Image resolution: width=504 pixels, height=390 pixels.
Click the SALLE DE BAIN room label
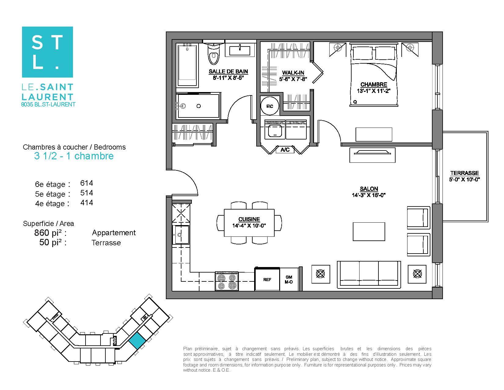(x=228, y=72)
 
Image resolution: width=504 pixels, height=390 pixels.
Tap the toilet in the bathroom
(x=214, y=54)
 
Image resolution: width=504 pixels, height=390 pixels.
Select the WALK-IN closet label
(x=293, y=73)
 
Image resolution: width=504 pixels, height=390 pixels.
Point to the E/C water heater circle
(x=269, y=106)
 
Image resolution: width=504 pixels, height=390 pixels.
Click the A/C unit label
(x=285, y=150)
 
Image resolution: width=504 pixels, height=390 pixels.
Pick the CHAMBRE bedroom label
(x=374, y=84)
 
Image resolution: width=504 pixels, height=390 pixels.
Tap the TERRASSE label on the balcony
(x=465, y=173)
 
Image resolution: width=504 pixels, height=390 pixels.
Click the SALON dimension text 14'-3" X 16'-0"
(x=369, y=195)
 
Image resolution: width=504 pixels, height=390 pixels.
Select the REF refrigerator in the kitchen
(x=267, y=279)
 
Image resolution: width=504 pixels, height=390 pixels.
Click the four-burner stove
(x=227, y=281)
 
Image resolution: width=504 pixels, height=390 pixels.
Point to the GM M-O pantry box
(x=289, y=280)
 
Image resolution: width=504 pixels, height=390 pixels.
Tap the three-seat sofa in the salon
(x=369, y=273)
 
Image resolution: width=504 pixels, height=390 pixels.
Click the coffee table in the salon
(x=369, y=232)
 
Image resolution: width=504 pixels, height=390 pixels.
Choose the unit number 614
(x=86, y=183)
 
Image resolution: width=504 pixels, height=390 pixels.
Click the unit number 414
(x=86, y=202)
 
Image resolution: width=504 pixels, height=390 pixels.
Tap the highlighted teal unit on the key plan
(x=137, y=340)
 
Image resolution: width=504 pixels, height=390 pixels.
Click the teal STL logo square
(x=48, y=52)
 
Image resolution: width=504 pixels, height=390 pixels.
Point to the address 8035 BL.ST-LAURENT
(x=48, y=105)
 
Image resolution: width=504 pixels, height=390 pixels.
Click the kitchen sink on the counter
(x=181, y=234)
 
